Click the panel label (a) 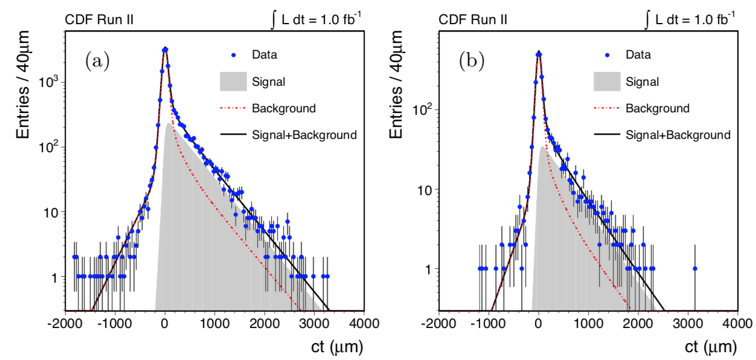click(97, 60)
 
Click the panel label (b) click(471, 60)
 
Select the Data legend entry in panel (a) click(264, 55)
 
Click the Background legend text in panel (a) click(284, 109)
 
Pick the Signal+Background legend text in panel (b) click(678, 135)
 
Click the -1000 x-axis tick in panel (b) click(489, 323)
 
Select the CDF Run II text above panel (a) click(99, 21)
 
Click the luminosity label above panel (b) click(690, 19)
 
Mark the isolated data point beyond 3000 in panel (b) click(695, 268)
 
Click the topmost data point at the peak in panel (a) click(165, 50)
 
